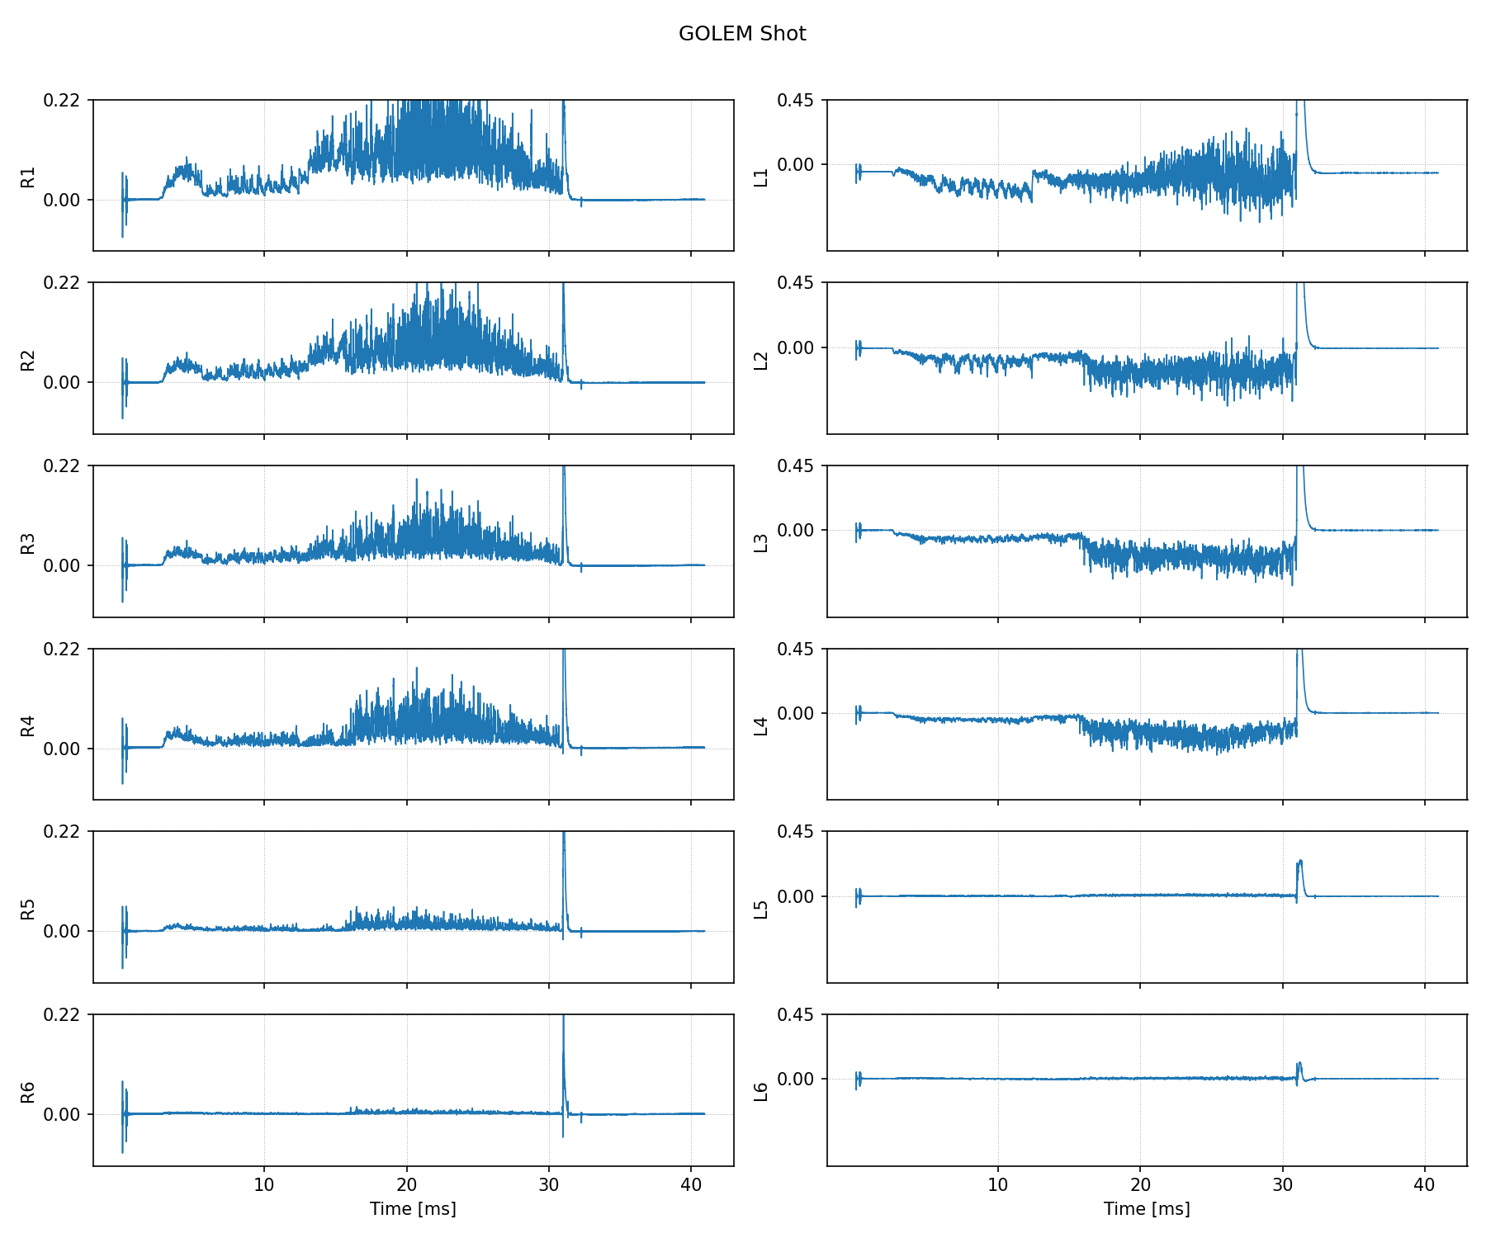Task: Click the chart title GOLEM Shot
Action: (742, 34)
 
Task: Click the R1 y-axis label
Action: (28, 177)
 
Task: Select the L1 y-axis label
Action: (762, 177)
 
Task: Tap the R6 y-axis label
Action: (28, 1092)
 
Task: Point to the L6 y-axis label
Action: (762, 1092)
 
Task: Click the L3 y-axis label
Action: (762, 542)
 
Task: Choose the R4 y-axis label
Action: (28, 725)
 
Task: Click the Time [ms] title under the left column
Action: (413, 1209)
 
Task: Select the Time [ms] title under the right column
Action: (1147, 1209)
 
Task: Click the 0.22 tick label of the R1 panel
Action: (62, 101)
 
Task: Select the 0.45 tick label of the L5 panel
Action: (796, 832)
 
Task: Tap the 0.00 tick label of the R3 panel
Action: (62, 566)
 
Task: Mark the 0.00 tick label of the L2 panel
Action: (796, 348)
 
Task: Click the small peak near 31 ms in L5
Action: (1300, 862)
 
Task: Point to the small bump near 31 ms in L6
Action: (1299, 1065)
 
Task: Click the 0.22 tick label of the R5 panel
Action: (62, 832)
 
